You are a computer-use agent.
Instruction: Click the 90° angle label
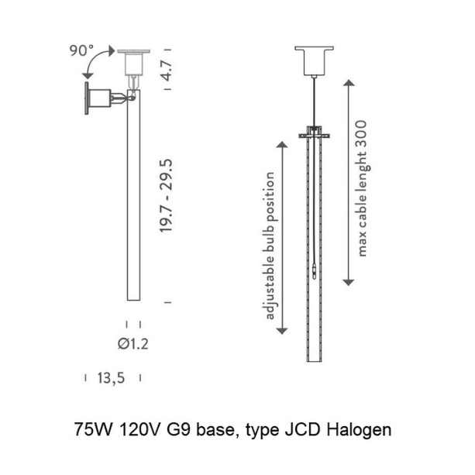pos(81,50)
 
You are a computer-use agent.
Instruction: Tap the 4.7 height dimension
pos(167,70)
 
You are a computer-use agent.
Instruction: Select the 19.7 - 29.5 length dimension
pos(166,196)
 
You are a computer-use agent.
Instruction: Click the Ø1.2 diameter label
pos(133,344)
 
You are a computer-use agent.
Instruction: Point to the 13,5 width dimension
pos(111,378)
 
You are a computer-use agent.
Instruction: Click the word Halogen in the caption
pos(359,430)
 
